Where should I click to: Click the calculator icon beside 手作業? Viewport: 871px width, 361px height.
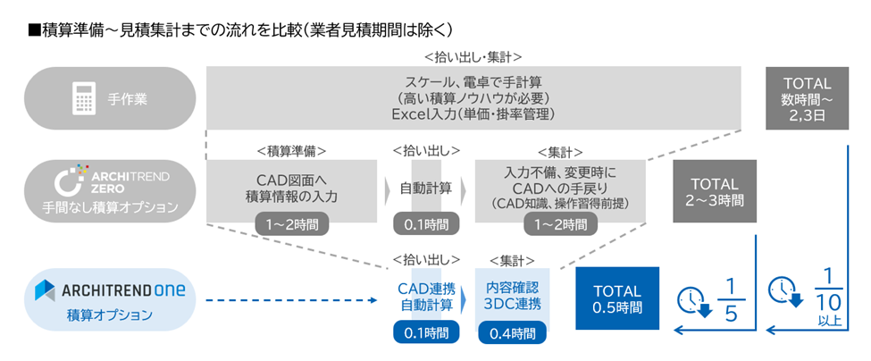84,98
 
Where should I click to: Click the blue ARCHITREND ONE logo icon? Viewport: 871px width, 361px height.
46,290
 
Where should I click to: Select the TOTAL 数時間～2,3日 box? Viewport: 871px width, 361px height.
806,99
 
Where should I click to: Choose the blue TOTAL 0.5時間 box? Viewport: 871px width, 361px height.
616,299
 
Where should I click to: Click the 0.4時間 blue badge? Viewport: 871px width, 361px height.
507,333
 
